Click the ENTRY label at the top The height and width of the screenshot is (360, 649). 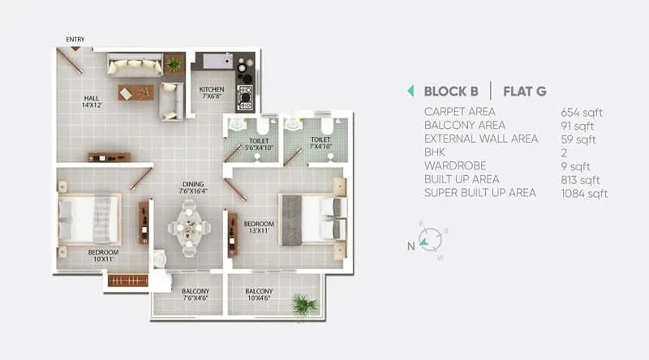point(75,39)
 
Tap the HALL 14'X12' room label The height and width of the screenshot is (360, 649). point(92,101)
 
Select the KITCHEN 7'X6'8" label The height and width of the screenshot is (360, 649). point(213,93)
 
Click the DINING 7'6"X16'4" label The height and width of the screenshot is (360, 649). point(193,188)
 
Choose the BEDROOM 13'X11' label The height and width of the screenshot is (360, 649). point(260,228)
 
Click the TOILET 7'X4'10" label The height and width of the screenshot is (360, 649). point(320,144)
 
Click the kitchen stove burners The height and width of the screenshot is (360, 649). point(244,96)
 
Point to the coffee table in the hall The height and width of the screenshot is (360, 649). point(135,92)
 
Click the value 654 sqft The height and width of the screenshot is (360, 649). point(581,112)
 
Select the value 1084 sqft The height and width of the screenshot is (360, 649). point(584,193)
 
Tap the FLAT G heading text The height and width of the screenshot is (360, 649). point(525,91)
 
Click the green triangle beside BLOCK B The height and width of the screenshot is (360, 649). point(410,91)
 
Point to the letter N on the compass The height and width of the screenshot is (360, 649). point(411,242)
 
